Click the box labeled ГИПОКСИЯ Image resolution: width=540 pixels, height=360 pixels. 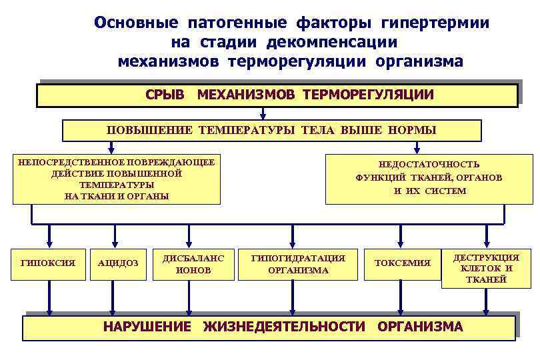coord(48,263)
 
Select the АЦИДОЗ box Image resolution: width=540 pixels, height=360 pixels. coord(118,263)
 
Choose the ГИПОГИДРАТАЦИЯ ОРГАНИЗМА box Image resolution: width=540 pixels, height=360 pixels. coord(298,263)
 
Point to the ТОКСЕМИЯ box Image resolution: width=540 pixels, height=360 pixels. coord(402,263)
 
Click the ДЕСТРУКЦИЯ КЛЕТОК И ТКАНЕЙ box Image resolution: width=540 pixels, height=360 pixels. coord(486,269)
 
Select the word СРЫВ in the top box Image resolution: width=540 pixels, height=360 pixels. coord(165,95)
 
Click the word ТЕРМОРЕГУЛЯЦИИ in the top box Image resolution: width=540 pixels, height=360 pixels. coord(368,95)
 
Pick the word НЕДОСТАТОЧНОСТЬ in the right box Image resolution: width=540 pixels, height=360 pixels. coord(429,164)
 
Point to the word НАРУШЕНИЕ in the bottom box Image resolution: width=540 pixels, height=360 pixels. coord(147,327)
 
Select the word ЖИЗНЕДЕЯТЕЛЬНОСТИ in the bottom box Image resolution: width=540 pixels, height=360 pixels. coord(285,327)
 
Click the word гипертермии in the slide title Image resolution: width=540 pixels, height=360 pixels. coord(435,23)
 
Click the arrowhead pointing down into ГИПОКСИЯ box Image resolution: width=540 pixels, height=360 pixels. coord(49,243)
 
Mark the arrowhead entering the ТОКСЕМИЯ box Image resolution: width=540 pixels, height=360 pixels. coord(401,243)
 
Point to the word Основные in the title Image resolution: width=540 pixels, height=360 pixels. coord(136,23)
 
